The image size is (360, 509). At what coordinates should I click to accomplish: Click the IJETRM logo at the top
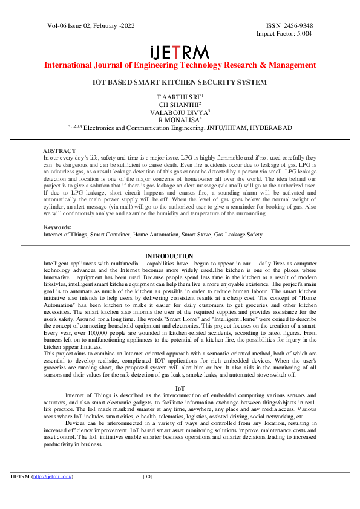coord(179,51)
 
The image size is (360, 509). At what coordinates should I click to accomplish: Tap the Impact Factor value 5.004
coord(301,34)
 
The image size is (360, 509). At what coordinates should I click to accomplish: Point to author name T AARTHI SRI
coord(179,97)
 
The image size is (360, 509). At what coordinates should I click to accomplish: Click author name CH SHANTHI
coord(179,105)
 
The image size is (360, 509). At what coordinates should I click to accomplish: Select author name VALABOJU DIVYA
coord(179,112)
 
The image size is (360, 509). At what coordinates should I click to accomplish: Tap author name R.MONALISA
coord(179,120)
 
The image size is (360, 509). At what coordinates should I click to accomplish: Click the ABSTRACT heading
coord(59,151)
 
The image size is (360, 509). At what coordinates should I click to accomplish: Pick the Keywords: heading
coord(57,227)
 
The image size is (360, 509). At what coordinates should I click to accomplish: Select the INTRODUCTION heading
coord(169,256)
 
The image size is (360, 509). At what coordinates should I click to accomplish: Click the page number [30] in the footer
coord(147,477)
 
